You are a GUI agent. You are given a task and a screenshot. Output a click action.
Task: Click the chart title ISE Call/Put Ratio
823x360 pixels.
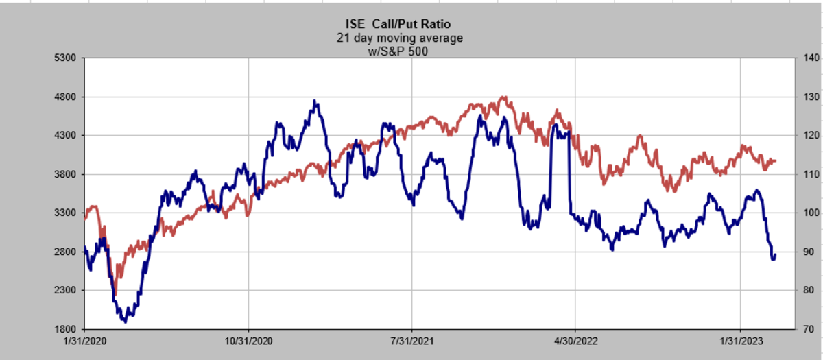pos(398,25)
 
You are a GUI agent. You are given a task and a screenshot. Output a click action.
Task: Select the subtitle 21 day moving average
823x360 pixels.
pos(399,38)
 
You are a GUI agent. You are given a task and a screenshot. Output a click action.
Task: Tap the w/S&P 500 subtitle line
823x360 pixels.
pos(398,50)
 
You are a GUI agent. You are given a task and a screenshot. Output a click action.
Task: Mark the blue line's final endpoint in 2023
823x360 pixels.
pos(775,256)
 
